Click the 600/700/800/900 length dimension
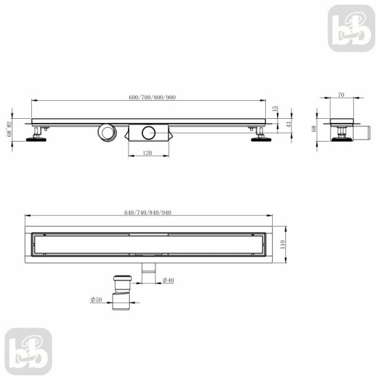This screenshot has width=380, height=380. pyautogui.click(x=152, y=97)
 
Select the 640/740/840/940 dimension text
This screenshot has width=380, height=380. pyautogui.click(x=148, y=213)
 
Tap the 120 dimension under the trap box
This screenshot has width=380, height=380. pyautogui.click(x=147, y=153)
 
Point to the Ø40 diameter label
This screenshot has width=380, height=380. pyautogui.click(x=169, y=281)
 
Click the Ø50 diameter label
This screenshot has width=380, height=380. pyautogui.click(x=96, y=300)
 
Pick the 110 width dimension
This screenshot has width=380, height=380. pyautogui.click(x=282, y=245)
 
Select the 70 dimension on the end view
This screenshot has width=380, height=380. pyautogui.click(x=341, y=95)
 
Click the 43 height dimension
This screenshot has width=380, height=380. pyautogui.click(x=288, y=124)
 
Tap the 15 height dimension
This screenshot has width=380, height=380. pyautogui.click(x=275, y=108)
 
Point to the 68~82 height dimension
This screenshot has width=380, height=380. pyautogui.click(x=9, y=129)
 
